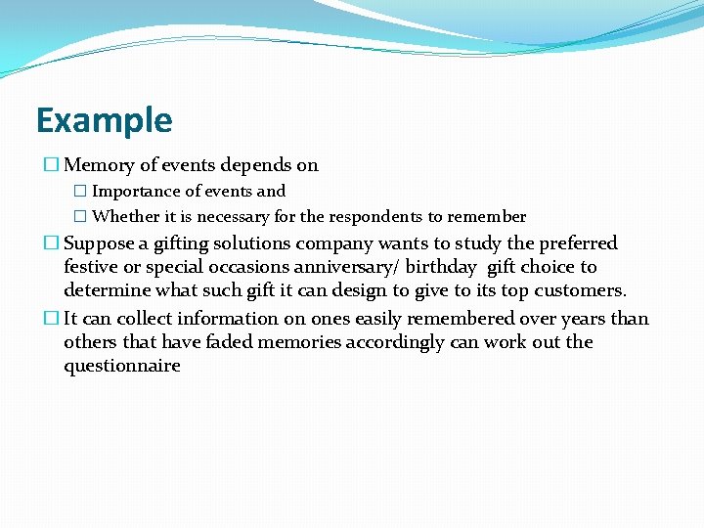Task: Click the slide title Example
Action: (x=104, y=120)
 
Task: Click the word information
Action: (x=199, y=319)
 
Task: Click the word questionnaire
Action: (x=122, y=366)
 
